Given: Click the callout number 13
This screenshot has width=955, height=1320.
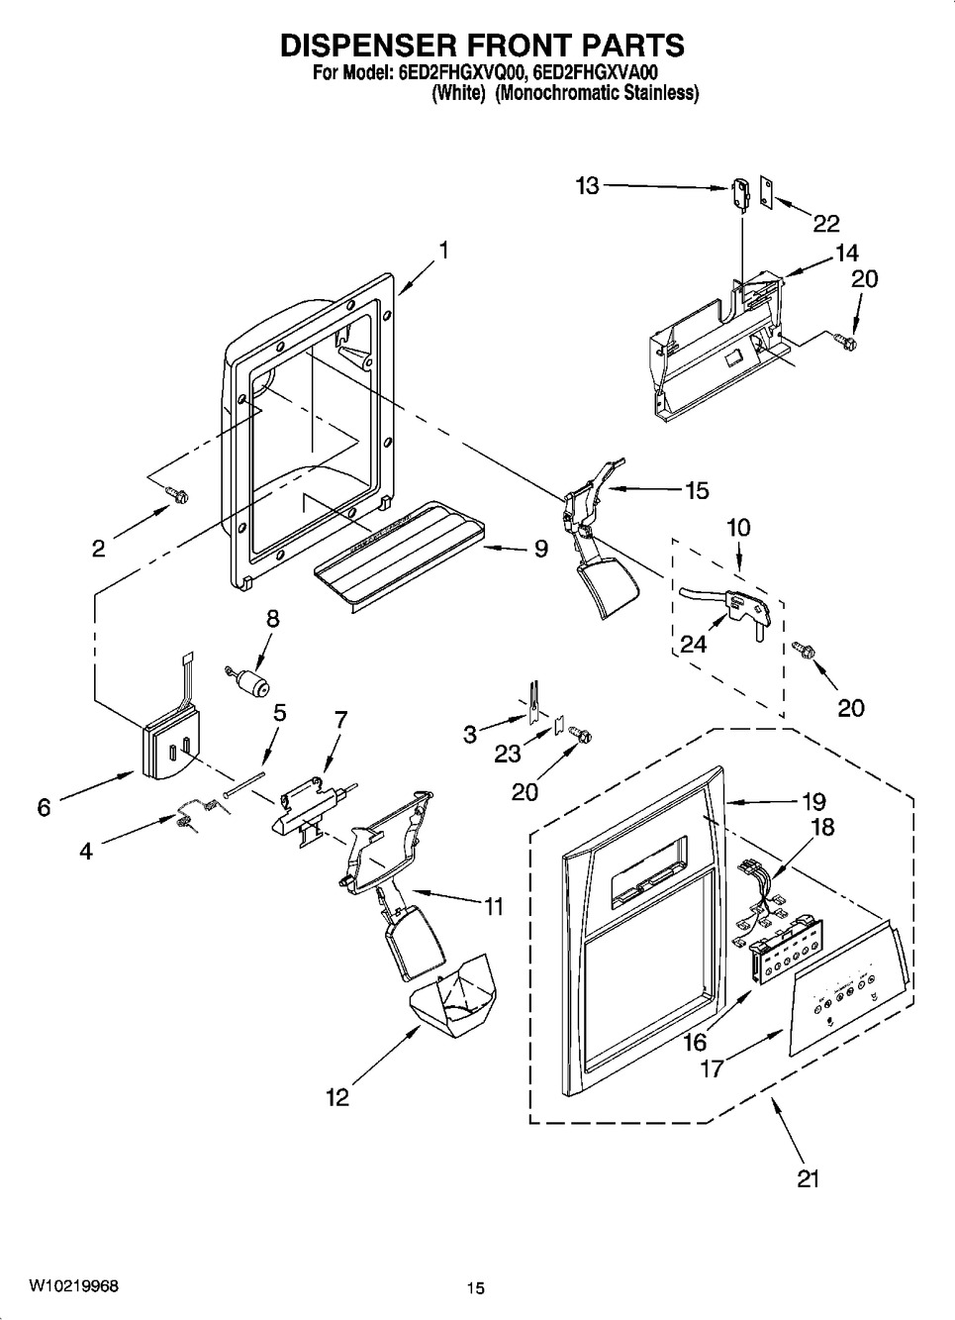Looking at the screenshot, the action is [x=587, y=186].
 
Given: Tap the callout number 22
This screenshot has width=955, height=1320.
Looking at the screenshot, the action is [x=825, y=224].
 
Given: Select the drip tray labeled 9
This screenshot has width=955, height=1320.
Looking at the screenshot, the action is [x=399, y=555].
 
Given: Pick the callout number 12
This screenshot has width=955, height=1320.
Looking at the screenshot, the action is [x=337, y=1096].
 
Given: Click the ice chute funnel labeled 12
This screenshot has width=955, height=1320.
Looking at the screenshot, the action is [x=452, y=997].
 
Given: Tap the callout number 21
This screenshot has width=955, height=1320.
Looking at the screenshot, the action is [x=808, y=1179].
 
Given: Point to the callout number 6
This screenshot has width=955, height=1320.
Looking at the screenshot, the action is [x=44, y=806].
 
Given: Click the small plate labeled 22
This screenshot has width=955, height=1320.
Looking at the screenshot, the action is [x=765, y=192].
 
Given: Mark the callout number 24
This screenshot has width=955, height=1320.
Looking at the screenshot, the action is [x=693, y=644].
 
